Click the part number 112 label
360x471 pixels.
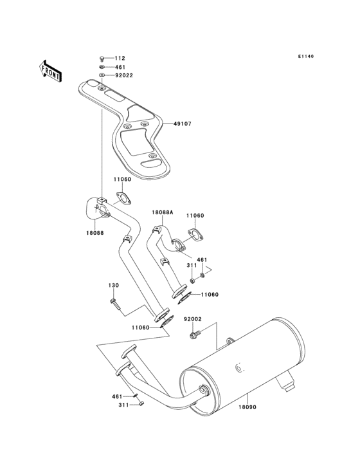[120, 59]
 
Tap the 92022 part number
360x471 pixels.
[123, 75]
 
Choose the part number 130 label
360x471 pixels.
[113, 285]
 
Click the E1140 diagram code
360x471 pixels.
[305, 57]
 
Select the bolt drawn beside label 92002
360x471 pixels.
[194, 333]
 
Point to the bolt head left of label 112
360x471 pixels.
[103, 59]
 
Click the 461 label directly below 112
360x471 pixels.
[120, 67]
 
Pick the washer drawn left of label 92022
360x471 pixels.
[103, 75]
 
